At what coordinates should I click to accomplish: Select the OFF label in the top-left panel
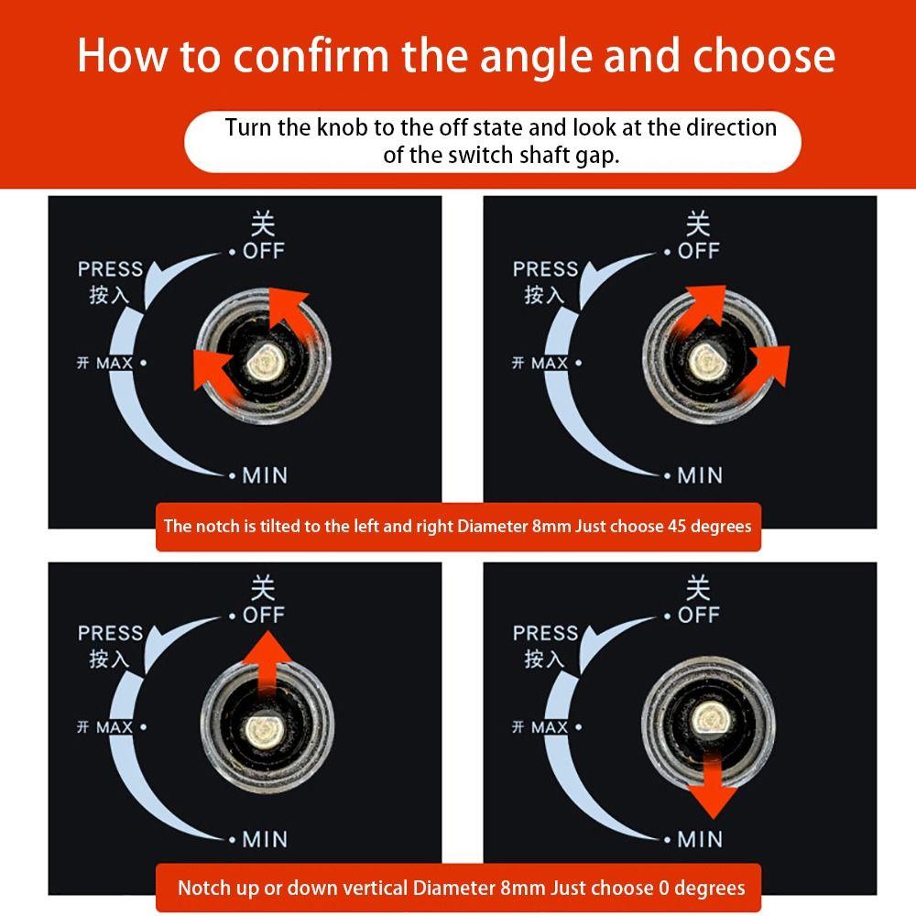264,251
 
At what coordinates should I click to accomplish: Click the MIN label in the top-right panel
700,475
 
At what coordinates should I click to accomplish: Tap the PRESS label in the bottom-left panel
111,633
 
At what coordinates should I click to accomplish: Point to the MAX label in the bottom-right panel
550,727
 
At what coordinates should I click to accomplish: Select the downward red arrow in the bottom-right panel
713,786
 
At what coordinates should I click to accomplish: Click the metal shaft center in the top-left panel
266,361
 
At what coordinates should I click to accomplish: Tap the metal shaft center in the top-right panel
705,361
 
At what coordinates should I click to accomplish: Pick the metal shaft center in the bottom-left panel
266,730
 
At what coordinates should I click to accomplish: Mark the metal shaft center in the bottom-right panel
712,718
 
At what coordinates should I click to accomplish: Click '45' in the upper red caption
677,527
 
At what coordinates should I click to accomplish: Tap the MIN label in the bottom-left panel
265,839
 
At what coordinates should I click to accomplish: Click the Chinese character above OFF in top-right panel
698,224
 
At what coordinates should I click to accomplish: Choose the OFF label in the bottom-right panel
699,616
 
